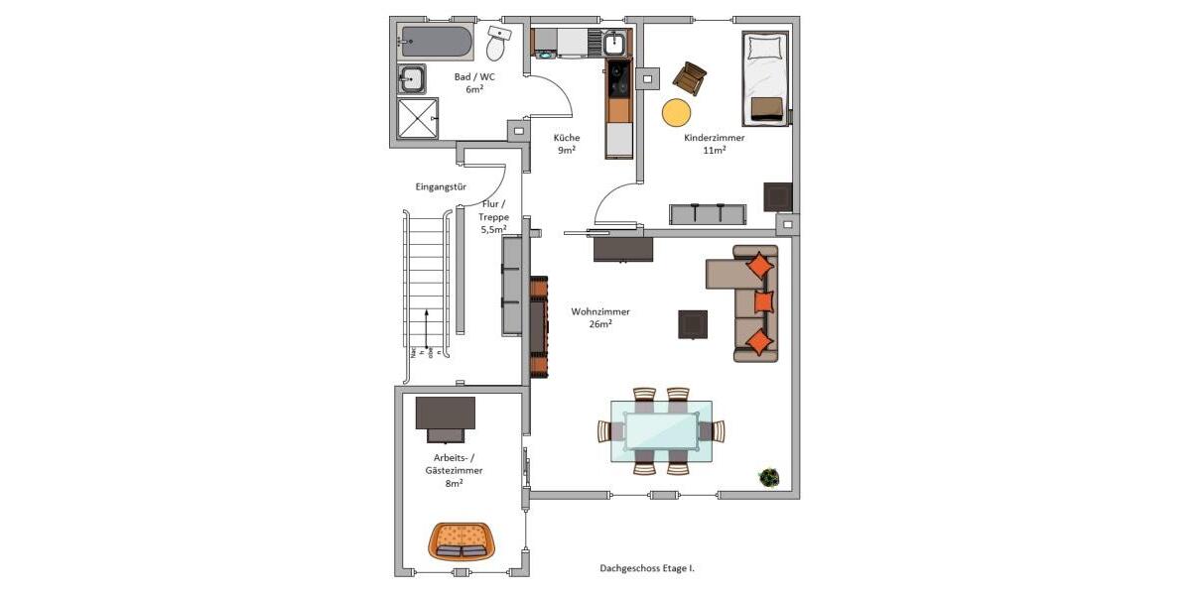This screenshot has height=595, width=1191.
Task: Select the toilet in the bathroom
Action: (x=497, y=44)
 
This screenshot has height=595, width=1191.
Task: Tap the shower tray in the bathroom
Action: (x=418, y=118)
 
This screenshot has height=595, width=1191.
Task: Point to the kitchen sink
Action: (x=614, y=44)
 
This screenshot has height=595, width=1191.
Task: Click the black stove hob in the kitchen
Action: (x=616, y=76)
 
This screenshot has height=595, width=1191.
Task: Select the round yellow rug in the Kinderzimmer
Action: (x=677, y=112)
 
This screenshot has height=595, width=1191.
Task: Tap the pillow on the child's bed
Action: (x=765, y=47)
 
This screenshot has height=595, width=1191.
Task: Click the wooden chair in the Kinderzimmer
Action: (x=689, y=77)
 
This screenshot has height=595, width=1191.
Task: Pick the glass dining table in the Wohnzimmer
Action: (x=661, y=430)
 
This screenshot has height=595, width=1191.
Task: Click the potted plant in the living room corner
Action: (x=768, y=478)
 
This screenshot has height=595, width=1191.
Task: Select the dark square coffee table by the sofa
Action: (x=693, y=324)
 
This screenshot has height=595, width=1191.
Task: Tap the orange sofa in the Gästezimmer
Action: (x=462, y=540)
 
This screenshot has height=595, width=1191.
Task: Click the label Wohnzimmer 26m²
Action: (x=599, y=317)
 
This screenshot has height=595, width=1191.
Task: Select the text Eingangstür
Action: (x=441, y=186)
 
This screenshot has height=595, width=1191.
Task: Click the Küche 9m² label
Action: (x=567, y=144)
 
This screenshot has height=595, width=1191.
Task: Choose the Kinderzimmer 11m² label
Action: (x=714, y=144)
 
